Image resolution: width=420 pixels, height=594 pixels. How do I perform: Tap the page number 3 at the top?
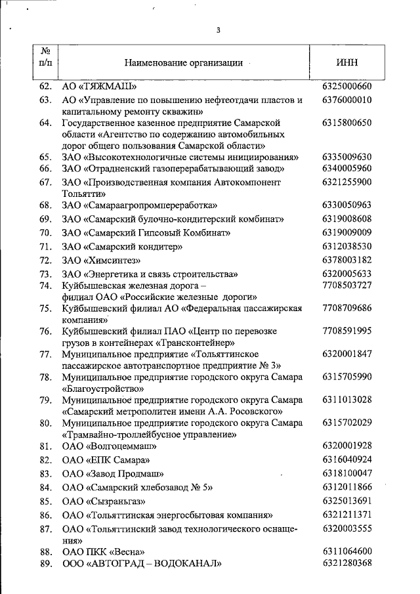point(218,30)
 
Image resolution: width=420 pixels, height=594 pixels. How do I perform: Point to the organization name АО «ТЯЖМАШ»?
point(103,87)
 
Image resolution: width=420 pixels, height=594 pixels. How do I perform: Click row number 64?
point(45,123)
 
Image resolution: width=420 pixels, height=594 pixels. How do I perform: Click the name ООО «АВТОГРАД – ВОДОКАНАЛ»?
point(142,563)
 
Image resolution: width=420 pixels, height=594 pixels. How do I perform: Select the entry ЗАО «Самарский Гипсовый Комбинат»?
point(146,233)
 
